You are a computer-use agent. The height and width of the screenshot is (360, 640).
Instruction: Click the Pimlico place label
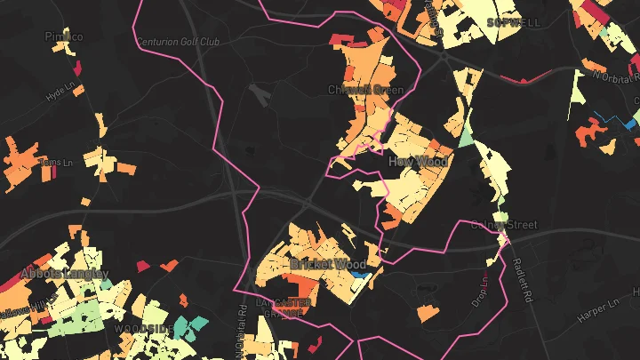63,36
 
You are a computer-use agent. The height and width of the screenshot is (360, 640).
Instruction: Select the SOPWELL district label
513,21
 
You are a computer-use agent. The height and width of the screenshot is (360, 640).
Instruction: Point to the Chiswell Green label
365,90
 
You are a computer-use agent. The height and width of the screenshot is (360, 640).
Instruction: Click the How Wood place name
418,161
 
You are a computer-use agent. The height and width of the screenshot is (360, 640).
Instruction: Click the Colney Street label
504,225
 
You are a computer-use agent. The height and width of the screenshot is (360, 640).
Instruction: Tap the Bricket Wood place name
327,264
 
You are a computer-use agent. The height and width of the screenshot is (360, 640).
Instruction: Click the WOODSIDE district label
144,328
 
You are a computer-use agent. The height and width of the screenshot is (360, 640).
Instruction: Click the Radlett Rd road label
516,279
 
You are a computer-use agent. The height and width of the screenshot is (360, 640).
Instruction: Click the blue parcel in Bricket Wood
359,276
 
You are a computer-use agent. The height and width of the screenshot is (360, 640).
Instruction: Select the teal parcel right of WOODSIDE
189,326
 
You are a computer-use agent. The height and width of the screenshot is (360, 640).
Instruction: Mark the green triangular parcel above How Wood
466,139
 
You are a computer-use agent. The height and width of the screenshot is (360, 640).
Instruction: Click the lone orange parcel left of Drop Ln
428,312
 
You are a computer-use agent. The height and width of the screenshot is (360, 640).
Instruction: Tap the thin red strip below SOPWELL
521,78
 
